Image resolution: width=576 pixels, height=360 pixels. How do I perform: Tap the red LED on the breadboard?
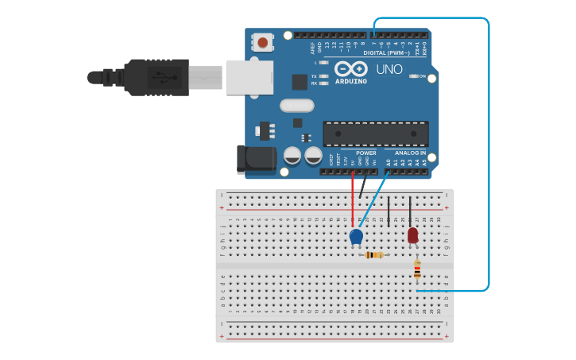click(412, 234)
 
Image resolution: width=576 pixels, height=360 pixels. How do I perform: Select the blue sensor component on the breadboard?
click(356, 236)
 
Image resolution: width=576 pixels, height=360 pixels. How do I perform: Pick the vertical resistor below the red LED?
click(417, 270)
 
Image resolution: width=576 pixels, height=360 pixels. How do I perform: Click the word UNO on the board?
click(389, 69)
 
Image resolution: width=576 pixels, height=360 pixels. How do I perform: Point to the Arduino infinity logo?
click(350, 68)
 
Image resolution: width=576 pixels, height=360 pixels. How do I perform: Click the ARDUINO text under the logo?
click(350, 81)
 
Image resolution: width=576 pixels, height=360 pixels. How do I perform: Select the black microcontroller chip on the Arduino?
click(375, 133)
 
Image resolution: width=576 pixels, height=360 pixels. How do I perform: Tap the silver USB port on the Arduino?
click(249, 78)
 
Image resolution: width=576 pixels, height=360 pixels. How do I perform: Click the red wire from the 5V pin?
click(353, 199)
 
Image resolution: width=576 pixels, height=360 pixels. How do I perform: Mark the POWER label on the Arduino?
click(366, 153)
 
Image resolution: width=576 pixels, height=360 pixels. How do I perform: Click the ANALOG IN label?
click(410, 153)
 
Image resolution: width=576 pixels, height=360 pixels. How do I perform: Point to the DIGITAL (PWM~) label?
click(386, 53)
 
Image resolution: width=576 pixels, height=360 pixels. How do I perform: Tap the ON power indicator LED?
click(414, 76)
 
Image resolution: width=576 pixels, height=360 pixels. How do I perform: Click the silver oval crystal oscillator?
click(296, 105)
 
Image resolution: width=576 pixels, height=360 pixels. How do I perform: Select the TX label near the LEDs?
click(314, 76)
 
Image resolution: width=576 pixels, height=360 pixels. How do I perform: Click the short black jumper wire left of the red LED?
click(389, 213)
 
